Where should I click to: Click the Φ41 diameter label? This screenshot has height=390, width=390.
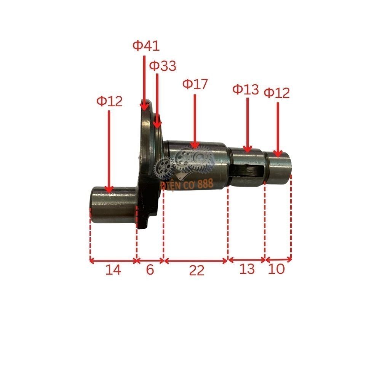(x=146, y=46)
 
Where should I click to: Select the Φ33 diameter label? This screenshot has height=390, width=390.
(x=163, y=66)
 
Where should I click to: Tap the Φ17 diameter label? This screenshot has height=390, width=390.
(x=195, y=84)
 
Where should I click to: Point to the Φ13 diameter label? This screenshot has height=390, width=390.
(x=246, y=90)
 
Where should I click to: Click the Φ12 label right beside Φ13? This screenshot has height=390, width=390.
(x=277, y=93)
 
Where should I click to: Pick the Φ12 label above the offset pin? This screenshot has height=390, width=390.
(x=109, y=101)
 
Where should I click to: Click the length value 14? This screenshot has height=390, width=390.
(x=113, y=270)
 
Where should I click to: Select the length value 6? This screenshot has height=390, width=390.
(x=150, y=270)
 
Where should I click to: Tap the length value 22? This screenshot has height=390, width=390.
(x=197, y=270)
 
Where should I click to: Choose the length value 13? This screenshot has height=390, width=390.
(x=247, y=269)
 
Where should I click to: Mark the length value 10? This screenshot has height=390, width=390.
(x=277, y=269)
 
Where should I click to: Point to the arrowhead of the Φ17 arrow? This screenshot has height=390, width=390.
(x=195, y=145)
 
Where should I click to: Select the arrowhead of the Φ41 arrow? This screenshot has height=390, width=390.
(x=144, y=107)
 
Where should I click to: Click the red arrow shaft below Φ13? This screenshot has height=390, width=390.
(x=248, y=122)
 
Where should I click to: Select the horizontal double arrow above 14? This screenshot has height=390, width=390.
(x=113, y=261)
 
